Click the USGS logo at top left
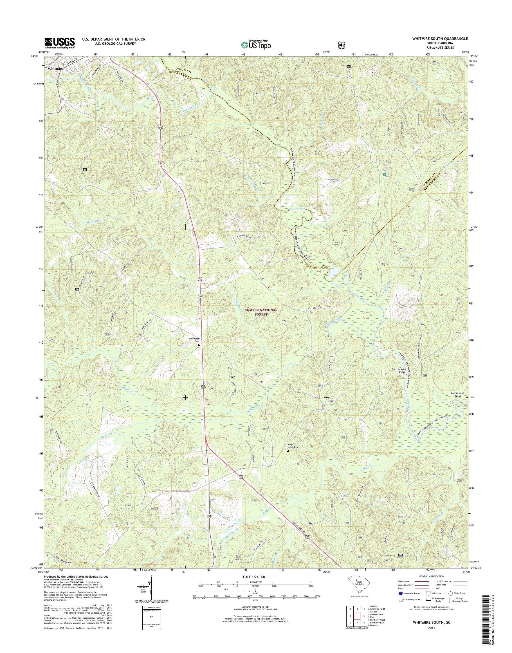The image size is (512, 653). pos(60,43)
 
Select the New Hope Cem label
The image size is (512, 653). pos(194,339)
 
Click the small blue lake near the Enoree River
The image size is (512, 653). pos(333,273)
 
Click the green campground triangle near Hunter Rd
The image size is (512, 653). pos(384,174)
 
